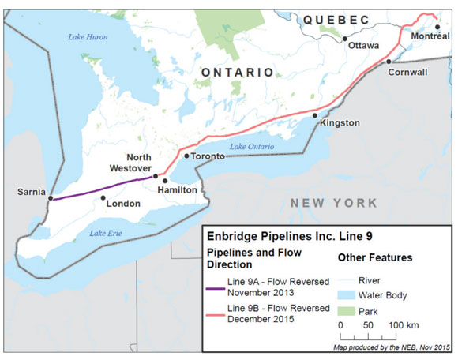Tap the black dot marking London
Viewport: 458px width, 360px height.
point(103,198)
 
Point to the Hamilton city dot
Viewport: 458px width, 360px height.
point(165,181)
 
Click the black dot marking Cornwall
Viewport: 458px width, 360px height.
point(389,62)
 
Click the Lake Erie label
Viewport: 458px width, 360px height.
point(106,233)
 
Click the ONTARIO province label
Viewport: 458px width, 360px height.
point(236,72)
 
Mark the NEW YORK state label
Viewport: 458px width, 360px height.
point(333,203)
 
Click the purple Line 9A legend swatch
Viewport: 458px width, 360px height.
point(214,289)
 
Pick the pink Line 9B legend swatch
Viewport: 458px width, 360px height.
point(214,313)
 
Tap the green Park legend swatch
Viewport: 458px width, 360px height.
point(346,311)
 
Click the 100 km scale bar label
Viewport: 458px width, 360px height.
point(401,325)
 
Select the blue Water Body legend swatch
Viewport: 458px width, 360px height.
point(346,295)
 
